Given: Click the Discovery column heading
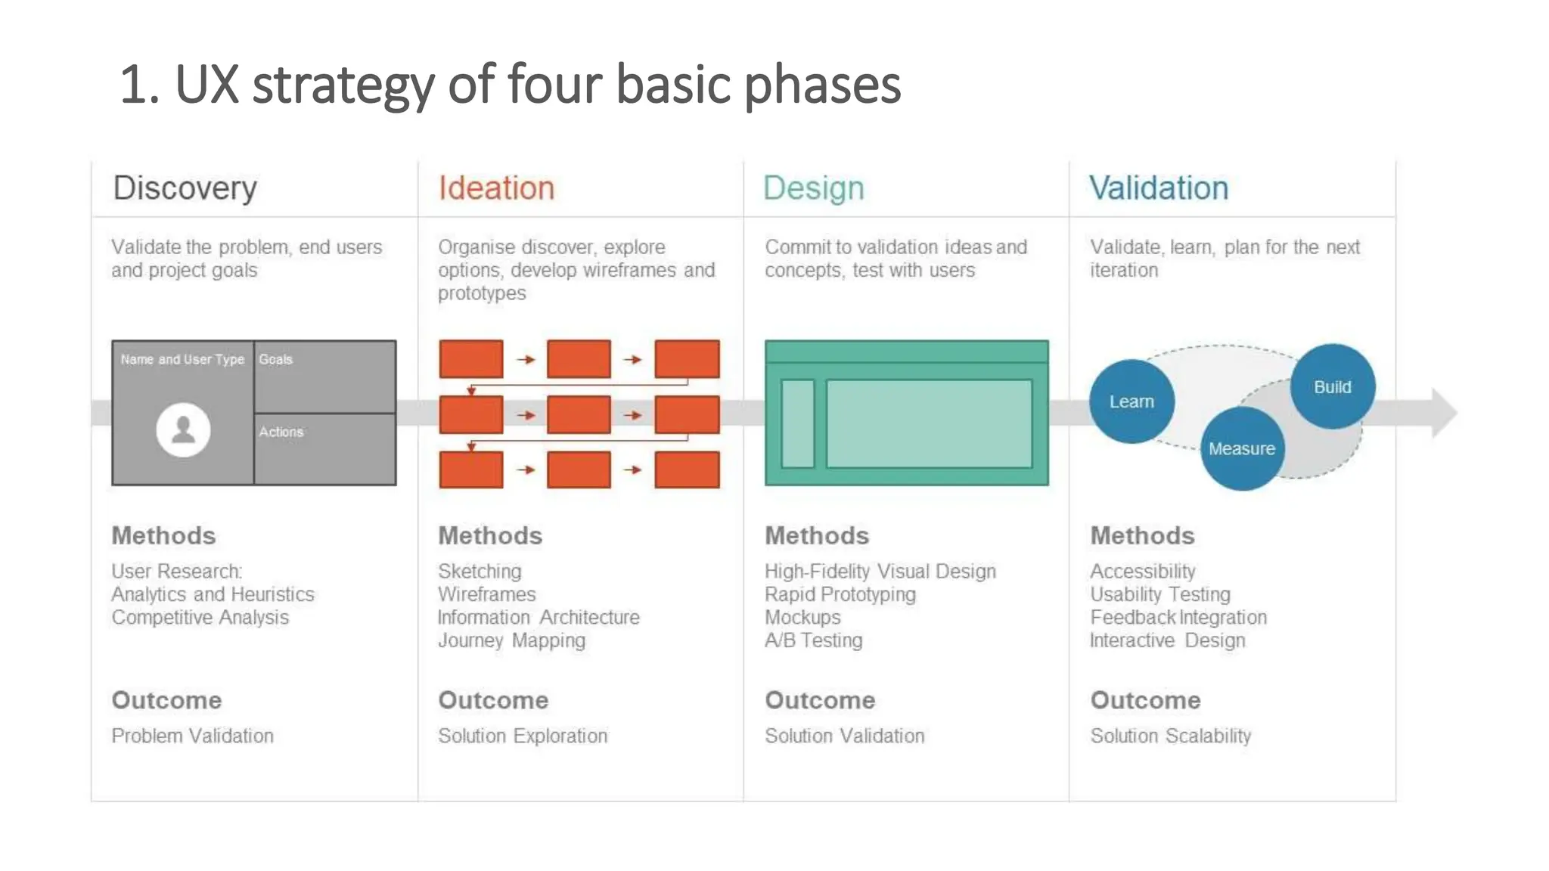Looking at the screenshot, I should (x=185, y=188).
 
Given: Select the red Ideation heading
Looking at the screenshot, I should (x=496, y=188).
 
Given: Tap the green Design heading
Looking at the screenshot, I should (x=813, y=188).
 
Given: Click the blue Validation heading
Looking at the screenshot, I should (x=1158, y=188).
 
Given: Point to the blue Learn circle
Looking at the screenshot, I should (x=1131, y=401).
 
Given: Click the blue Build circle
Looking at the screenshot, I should (x=1332, y=386).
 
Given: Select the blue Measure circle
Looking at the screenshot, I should (x=1241, y=448).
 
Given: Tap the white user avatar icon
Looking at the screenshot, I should (x=183, y=429).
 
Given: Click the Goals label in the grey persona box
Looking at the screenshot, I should (x=275, y=359).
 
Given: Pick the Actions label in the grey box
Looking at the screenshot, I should (x=281, y=432).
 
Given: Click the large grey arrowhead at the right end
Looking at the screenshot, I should (x=1443, y=413).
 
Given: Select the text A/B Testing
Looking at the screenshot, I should (x=813, y=640).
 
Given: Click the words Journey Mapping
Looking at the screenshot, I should (x=511, y=640).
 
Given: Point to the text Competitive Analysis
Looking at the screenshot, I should (x=200, y=617).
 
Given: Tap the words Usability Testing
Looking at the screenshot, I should (x=1159, y=594).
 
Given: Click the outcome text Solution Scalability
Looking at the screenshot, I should (x=1170, y=736).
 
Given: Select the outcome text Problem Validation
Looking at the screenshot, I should (x=192, y=736).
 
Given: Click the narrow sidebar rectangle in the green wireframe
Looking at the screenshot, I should (x=797, y=423).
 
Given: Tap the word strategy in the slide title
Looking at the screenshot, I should (x=343, y=85).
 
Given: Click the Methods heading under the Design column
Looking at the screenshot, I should (x=816, y=535).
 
